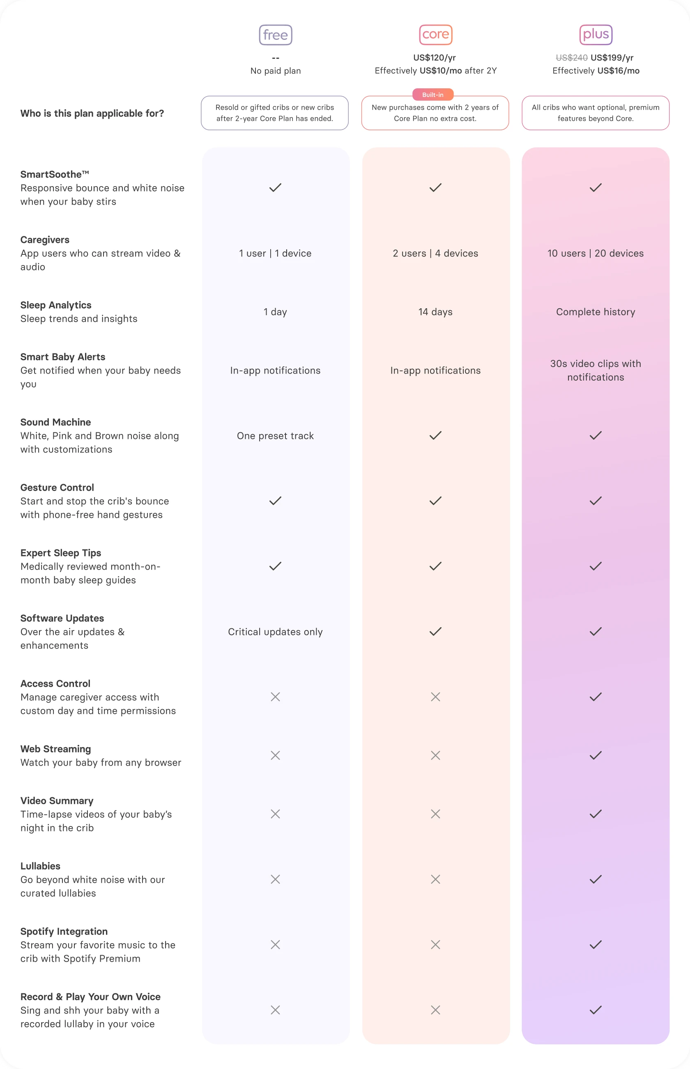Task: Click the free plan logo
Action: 276,35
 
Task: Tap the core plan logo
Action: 435,35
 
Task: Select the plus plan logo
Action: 596,35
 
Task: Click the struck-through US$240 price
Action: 571,58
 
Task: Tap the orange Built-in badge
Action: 433,95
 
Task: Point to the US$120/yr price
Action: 435,58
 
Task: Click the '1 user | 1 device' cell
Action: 275,253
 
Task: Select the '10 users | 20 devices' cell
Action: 596,253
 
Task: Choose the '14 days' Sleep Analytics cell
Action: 435,312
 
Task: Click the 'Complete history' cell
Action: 596,312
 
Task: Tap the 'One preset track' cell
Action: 275,436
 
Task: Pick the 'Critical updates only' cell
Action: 275,632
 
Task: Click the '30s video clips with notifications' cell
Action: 596,370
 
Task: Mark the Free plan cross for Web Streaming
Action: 275,755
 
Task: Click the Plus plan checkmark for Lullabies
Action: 596,880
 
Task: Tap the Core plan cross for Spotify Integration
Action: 435,944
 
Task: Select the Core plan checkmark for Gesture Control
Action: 435,501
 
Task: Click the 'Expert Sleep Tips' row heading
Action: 61,553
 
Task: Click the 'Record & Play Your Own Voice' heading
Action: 90,996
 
